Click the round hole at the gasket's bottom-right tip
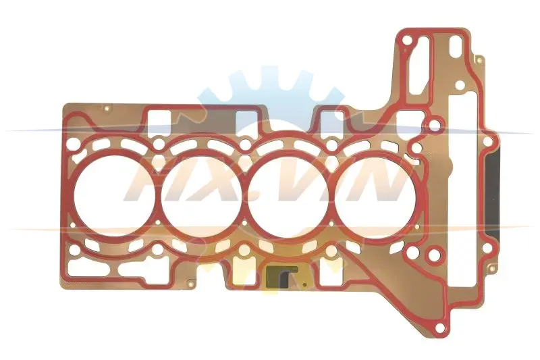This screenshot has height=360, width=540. (440, 328)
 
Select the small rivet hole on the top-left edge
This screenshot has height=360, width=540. (107, 109)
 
